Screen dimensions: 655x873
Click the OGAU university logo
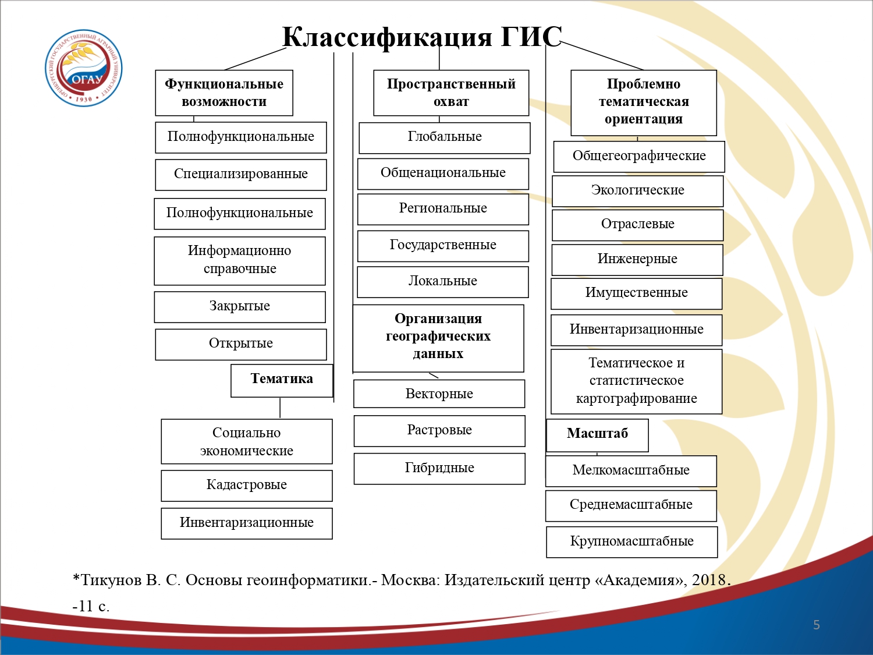(x=84, y=68)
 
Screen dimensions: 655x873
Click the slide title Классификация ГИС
(x=422, y=37)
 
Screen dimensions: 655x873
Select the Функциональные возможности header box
(x=224, y=93)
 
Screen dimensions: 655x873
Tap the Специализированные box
(x=241, y=174)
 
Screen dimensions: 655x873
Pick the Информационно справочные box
(x=240, y=260)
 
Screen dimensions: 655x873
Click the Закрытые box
(x=240, y=306)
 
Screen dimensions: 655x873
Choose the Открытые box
(x=241, y=344)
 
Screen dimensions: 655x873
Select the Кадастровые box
(x=247, y=486)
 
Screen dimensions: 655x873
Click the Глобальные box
(x=445, y=137)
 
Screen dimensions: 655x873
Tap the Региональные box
(x=443, y=209)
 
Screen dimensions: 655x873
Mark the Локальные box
(x=443, y=282)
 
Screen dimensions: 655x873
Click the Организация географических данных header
(x=438, y=337)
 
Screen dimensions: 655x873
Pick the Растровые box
(x=439, y=431)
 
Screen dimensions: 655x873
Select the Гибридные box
(x=439, y=469)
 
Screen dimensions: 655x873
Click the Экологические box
(x=638, y=191)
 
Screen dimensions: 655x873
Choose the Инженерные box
(x=637, y=260)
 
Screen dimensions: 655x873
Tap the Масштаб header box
(x=597, y=435)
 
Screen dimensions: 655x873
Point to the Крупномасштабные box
(x=632, y=542)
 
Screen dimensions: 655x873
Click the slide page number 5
(x=817, y=625)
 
